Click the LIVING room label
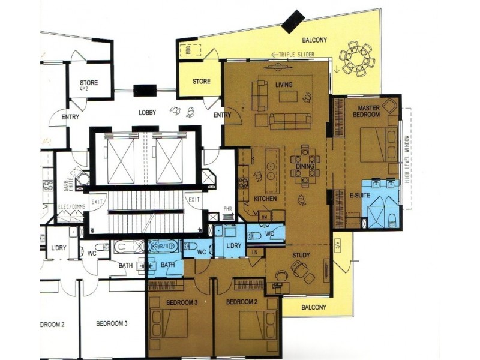tap(283, 85)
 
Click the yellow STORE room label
tap(201, 81)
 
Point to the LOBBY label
tap(148, 112)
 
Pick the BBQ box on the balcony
tap(186, 50)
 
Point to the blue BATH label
tap(167, 265)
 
